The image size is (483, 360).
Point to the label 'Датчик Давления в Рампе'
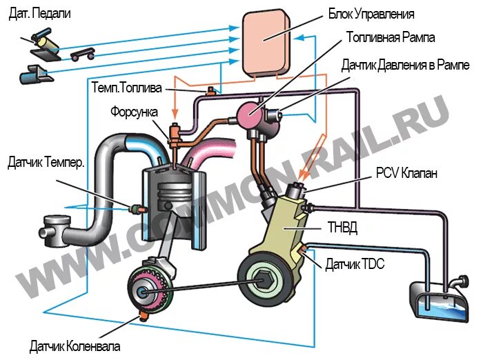pyautogui.click(x=405, y=66)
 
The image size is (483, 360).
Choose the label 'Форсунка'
pyautogui.click(x=135, y=112)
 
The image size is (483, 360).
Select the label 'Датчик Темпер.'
pyautogui.click(x=46, y=163)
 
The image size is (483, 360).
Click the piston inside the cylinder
pyautogui.click(x=172, y=200)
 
